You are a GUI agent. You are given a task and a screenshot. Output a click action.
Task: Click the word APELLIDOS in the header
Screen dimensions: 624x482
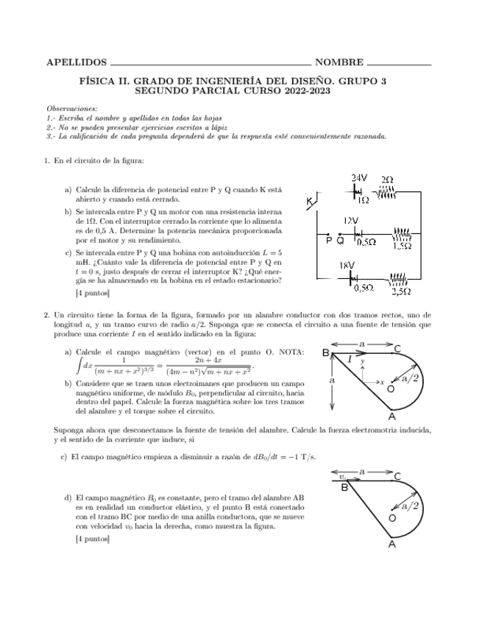[x=75, y=63]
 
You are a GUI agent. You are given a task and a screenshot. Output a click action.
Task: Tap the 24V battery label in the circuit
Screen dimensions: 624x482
[x=358, y=178]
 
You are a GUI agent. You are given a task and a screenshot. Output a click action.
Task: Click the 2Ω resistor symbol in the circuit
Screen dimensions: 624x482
[x=387, y=190]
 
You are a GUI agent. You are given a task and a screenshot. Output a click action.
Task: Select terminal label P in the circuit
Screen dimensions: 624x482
[x=328, y=240]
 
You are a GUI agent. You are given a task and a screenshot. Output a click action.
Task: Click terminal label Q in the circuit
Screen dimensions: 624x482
[x=340, y=240]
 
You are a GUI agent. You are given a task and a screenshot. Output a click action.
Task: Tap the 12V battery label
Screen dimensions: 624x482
[x=352, y=220]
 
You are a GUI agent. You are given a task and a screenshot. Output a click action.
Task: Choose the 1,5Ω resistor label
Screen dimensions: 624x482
[x=401, y=247]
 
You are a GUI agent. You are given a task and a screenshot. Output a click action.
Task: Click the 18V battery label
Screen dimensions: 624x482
[x=347, y=266]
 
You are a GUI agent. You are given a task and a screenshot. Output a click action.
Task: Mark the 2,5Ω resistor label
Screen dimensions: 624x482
[x=400, y=291]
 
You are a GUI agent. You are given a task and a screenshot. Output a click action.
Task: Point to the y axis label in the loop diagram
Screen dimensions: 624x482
[x=362, y=362]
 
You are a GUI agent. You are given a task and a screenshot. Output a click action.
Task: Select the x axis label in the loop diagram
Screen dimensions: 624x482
[x=382, y=382]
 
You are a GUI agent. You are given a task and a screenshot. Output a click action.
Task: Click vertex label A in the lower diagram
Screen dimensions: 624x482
[x=391, y=544]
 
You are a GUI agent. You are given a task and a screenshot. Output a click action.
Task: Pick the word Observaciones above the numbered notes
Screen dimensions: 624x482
[x=71, y=108]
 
